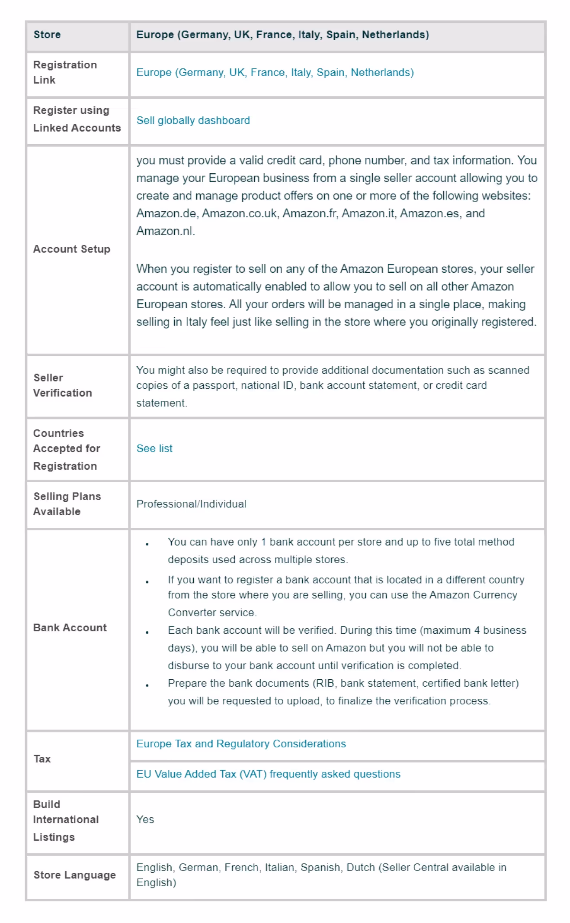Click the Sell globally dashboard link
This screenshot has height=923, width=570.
pyautogui.click(x=193, y=120)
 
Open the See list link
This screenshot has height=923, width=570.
pyautogui.click(x=154, y=449)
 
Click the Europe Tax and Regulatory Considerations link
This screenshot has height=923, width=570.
pyautogui.click(x=241, y=744)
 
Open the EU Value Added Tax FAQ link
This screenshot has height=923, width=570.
pyautogui.click(x=268, y=774)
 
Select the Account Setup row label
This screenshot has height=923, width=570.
pyautogui.click(x=72, y=249)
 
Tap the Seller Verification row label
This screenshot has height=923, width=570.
pyautogui.click(x=63, y=385)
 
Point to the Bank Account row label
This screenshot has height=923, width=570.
pyautogui.click(x=70, y=628)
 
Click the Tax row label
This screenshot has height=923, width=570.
pyautogui.click(x=42, y=759)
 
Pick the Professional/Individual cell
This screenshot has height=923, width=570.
pyautogui.click(x=191, y=504)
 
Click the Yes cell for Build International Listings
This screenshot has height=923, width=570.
pyautogui.click(x=145, y=820)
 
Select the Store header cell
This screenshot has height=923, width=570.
pyautogui.click(x=47, y=35)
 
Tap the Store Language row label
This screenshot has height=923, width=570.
pyautogui.click(x=74, y=875)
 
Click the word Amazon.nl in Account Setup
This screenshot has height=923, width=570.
pyautogui.click(x=165, y=231)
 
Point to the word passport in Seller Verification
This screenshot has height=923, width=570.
pyautogui.click(x=215, y=385)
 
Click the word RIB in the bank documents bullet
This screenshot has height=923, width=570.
pyautogui.click(x=325, y=683)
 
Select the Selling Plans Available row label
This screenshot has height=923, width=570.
pyautogui.click(x=67, y=504)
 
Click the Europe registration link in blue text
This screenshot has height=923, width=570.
pyautogui.click(x=275, y=72)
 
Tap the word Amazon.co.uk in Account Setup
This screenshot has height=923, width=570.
pyautogui.click(x=239, y=213)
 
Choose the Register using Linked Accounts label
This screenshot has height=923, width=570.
pyautogui.click(x=77, y=119)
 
